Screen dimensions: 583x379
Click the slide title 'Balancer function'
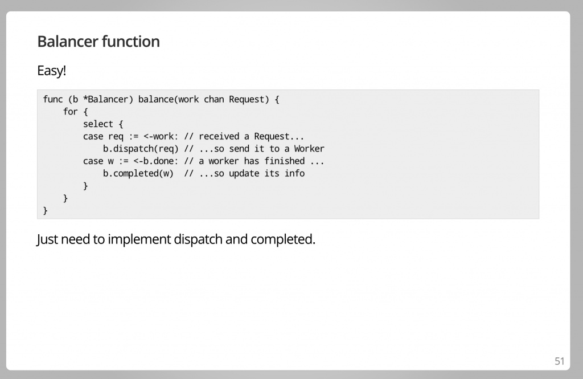[98, 42]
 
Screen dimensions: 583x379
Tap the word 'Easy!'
[52, 71]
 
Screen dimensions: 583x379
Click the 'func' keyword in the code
[53, 100]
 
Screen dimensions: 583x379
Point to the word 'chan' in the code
[214, 100]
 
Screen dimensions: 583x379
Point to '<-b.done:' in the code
[156, 161]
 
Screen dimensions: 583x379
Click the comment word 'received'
[219, 136]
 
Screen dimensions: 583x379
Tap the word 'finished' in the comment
[284, 161]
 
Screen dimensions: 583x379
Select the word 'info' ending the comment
[295, 173]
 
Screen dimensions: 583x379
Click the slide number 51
[559, 361]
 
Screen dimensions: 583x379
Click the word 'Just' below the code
[47, 239]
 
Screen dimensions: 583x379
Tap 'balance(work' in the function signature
[169, 100]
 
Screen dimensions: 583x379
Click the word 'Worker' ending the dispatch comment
[309, 149]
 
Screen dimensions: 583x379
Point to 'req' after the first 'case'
[116, 136]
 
